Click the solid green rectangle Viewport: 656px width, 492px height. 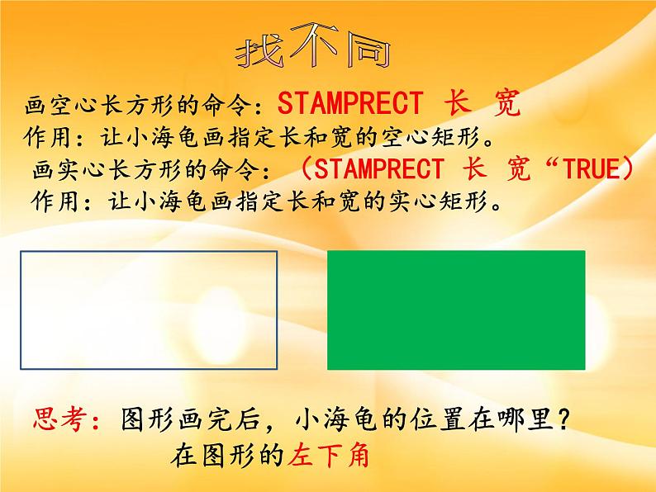point(456,310)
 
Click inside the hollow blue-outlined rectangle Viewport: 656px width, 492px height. point(149,310)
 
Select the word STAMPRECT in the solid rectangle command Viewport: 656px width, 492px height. point(379,169)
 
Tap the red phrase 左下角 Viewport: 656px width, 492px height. point(328,456)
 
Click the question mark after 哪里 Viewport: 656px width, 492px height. point(562,420)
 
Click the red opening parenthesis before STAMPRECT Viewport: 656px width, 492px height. point(303,169)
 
